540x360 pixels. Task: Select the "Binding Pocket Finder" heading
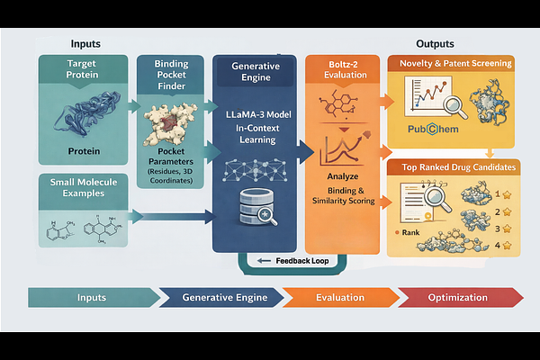[x=164, y=76]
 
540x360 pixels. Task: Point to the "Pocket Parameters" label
[x=166, y=162]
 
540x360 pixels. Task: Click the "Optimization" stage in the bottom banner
[x=459, y=298]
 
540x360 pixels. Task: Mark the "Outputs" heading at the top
[x=435, y=44]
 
